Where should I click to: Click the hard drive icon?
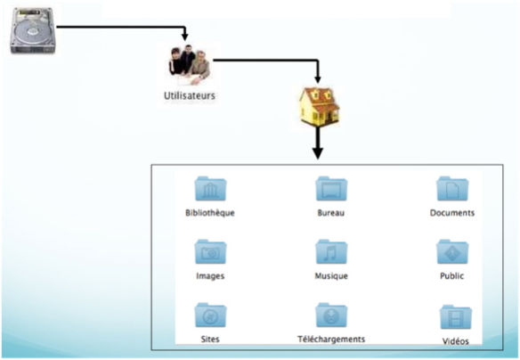pyautogui.click(x=32, y=30)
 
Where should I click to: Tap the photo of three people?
pyautogui.click(x=190, y=64)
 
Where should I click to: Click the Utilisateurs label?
pyautogui.click(x=190, y=96)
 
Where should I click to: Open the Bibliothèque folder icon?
pyautogui.click(x=210, y=188)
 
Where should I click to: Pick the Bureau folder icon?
pyautogui.click(x=331, y=188)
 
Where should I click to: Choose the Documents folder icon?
pyautogui.click(x=452, y=188)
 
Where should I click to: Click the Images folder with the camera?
pyautogui.click(x=210, y=251)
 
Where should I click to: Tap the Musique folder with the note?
pyautogui.click(x=331, y=251)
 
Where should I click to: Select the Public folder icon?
pyautogui.click(x=452, y=251)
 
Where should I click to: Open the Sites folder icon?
pyautogui.click(x=210, y=315)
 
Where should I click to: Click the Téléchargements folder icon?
pyautogui.click(x=331, y=315)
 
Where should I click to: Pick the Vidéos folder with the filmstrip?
pyautogui.click(x=456, y=317)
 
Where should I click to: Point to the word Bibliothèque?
pyautogui.click(x=210, y=213)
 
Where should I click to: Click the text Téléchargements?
pyautogui.click(x=331, y=340)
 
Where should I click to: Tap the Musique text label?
pyautogui.click(x=331, y=275)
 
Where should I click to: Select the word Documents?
pyautogui.click(x=452, y=213)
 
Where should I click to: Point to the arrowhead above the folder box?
pyautogui.click(x=318, y=153)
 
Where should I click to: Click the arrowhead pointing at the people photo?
pyautogui.click(x=184, y=37)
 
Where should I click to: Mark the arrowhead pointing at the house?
pyautogui.click(x=318, y=79)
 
